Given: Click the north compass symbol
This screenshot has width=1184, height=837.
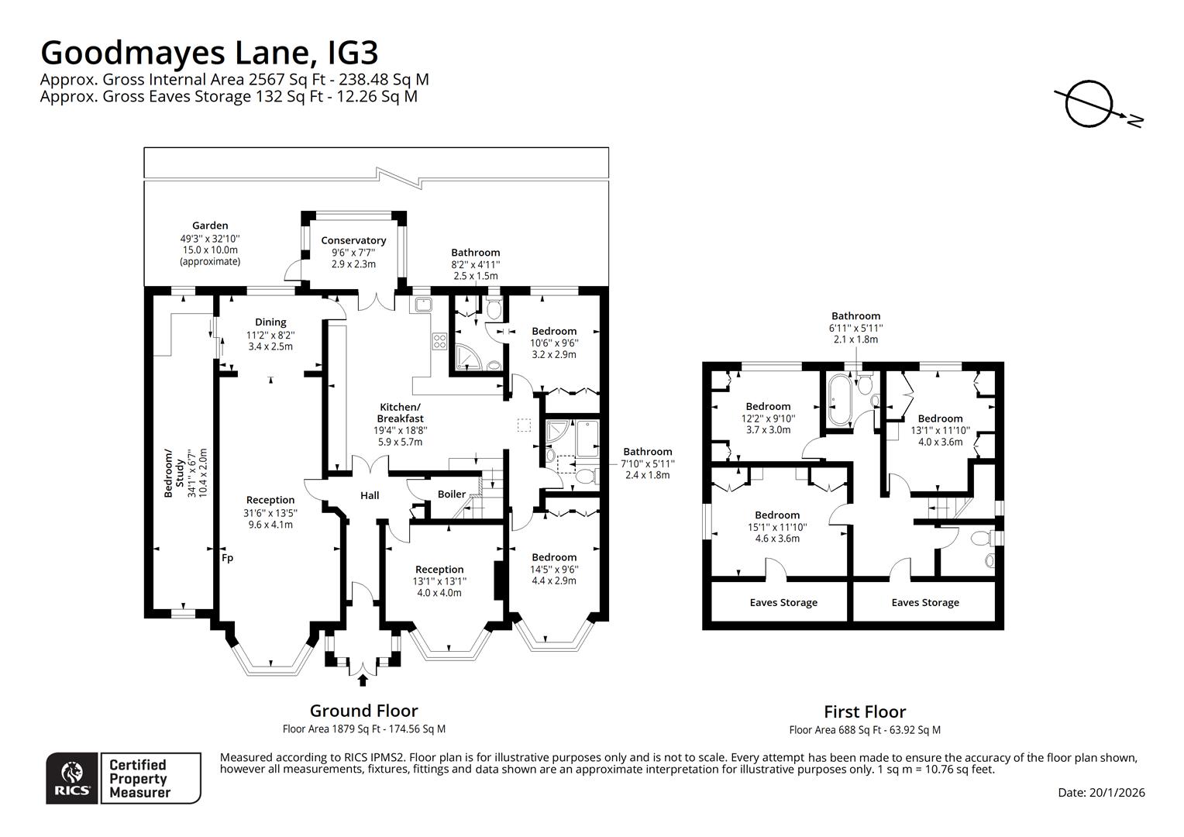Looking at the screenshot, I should point(1089,105).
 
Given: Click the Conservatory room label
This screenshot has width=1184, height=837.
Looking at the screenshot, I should point(353,240).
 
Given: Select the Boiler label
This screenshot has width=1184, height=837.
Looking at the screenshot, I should point(452,494).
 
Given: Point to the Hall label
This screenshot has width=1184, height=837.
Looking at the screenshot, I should point(370,495).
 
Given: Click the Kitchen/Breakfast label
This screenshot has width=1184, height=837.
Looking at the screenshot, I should point(400,413).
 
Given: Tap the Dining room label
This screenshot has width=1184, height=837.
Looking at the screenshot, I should point(270,322).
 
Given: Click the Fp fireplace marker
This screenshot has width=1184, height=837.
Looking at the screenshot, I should point(227,557).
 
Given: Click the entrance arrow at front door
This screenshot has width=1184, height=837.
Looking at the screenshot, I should point(363,680).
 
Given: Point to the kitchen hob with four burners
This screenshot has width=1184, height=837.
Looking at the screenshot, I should point(439,341).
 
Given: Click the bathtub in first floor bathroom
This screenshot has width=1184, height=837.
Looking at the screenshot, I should point(839,400).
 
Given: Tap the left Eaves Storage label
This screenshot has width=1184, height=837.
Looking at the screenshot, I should point(783,602).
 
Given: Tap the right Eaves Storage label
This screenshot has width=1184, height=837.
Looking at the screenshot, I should point(925,602).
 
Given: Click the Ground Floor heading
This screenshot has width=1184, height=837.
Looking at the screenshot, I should point(363,711).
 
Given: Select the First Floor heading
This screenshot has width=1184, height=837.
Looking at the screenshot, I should point(864,711).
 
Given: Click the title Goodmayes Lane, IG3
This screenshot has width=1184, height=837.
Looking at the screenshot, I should point(209,53).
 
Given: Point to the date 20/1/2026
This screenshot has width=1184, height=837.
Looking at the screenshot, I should point(1101,792).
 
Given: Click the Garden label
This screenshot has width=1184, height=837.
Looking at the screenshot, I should point(210,226).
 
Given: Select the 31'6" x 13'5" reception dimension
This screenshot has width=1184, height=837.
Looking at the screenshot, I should point(270,512).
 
